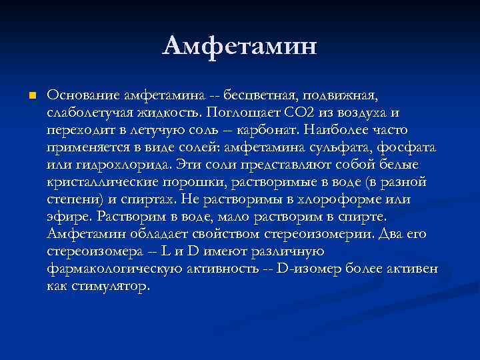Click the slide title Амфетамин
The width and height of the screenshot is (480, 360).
[x=240, y=47]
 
